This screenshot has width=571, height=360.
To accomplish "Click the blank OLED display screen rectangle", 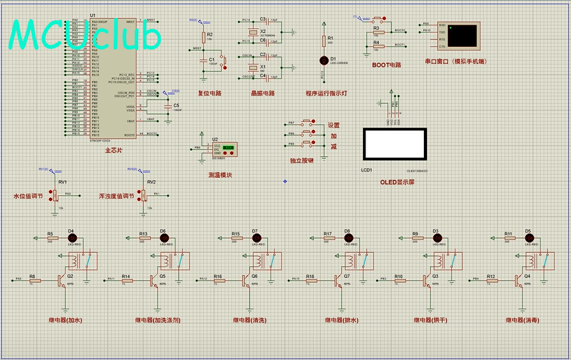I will coord(394,145).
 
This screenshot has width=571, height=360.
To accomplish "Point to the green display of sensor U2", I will coord(229,147).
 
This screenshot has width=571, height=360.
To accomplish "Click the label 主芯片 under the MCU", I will coord(114,150).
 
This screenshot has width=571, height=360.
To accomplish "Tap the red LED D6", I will coord(162,238).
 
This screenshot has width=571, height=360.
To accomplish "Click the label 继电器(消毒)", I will coord(523,320).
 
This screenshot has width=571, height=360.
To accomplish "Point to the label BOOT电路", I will coord(387,65).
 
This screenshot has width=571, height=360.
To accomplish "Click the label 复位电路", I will coord(209,93).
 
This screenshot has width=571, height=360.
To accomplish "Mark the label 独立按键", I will coord(301,161).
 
